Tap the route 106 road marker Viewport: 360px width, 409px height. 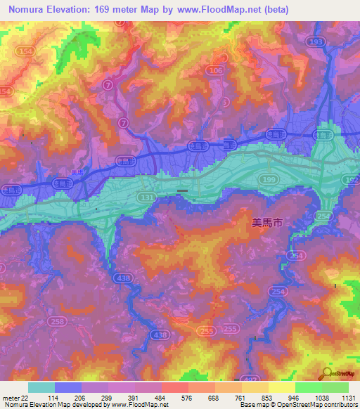(216, 71)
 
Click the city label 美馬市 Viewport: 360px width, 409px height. (267, 223)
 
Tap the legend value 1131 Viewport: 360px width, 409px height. (347, 397)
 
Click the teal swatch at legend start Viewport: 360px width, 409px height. (41, 387)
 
